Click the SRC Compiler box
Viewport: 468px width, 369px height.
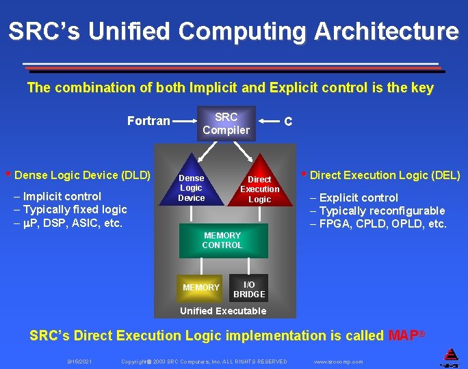(226, 123)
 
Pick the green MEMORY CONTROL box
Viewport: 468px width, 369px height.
(222, 240)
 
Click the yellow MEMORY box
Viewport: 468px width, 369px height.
(201, 288)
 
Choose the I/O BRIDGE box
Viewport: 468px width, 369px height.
(249, 289)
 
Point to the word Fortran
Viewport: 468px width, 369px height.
(148, 121)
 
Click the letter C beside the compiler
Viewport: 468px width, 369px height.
(288, 122)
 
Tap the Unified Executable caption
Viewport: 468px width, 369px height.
(222, 311)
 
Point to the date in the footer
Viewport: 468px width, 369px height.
(80, 361)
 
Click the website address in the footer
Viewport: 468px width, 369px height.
(338, 361)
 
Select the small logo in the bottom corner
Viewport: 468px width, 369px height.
(451, 355)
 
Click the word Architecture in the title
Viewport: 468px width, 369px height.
(387, 31)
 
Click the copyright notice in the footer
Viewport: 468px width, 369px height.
(204, 361)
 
